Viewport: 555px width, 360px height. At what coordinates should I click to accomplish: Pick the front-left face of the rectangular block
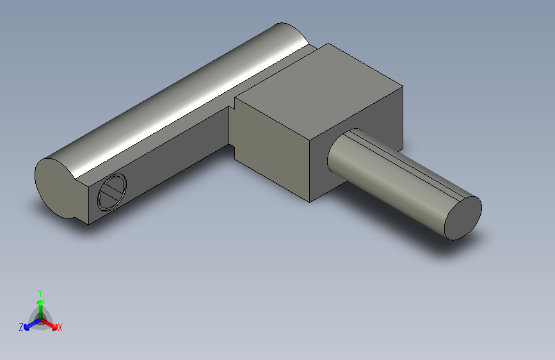tap(272, 151)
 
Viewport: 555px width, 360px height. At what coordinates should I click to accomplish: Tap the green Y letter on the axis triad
tap(40, 292)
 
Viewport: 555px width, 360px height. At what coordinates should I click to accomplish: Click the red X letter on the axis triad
tap(60, 328)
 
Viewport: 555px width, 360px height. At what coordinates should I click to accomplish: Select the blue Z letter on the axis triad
tap(21, 327)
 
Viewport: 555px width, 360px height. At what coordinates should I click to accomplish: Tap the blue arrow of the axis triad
tap(29, 324)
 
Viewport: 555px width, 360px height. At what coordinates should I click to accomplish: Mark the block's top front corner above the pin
tap(310, 137)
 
